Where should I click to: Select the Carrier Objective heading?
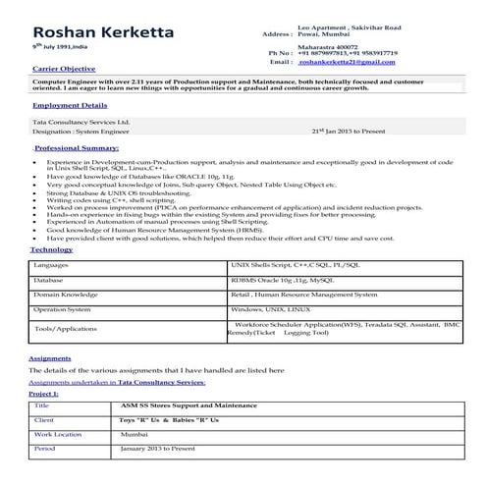65,69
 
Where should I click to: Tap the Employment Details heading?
69,103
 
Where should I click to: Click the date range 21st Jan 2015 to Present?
356,130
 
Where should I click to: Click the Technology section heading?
52,250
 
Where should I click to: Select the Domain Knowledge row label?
66,294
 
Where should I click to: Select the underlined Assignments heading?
52,359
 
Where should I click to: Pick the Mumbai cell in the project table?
134,433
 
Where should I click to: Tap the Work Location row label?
58,433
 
